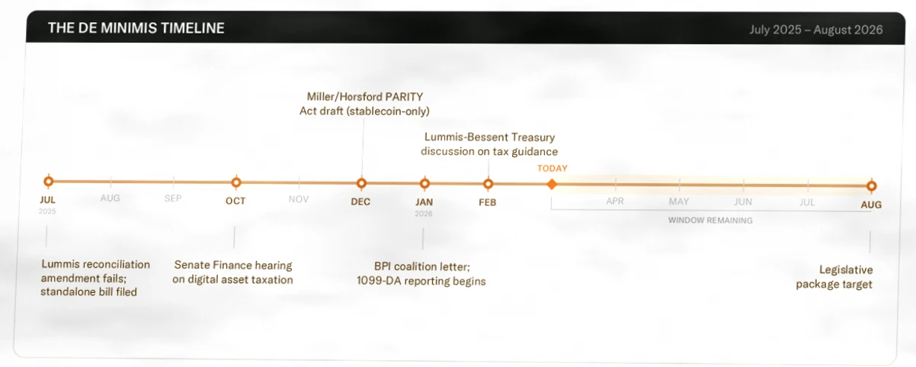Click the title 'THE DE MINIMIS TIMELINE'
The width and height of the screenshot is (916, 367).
point(136,28)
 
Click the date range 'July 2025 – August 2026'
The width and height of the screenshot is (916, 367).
point(816,30)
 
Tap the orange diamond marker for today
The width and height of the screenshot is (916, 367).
point(552,185)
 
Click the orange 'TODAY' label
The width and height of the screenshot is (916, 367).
point(552,169)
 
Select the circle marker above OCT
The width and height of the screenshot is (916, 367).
point(236,182)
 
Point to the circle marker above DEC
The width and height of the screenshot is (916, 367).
point(361,183)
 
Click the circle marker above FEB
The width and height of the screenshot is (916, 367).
point(488,184)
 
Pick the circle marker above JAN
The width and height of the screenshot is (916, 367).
point(424,183)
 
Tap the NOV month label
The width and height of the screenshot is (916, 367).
point(299,199)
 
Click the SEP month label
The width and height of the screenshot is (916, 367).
point(173,198)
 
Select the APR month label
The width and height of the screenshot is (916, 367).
point(615,201)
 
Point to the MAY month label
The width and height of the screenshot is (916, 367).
point(679,201)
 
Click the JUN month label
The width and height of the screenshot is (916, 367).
point(743,202)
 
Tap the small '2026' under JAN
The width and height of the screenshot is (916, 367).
point(423,214)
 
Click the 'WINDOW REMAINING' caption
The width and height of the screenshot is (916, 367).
point(710,221)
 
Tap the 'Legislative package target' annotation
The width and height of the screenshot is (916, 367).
point(834,277)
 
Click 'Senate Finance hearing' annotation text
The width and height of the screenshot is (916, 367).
point(233,266)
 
